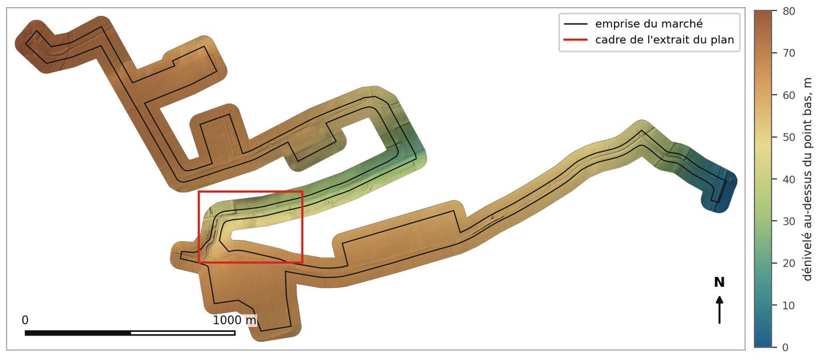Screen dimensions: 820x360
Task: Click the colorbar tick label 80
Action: point(789,11)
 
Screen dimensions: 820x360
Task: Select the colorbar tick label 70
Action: point(789,53)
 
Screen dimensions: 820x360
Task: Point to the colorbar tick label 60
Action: point(789,95)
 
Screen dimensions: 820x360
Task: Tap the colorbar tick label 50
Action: point(789,138)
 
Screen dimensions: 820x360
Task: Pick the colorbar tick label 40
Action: point(789,180)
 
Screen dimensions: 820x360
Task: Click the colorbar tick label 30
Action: point(789,222)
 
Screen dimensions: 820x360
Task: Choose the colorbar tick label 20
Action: point(789,263)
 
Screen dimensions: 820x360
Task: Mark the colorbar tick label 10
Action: point(789,306)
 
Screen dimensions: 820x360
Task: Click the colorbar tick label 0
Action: point(785,348)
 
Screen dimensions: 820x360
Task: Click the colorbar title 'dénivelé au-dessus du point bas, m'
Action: point(807,179)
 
